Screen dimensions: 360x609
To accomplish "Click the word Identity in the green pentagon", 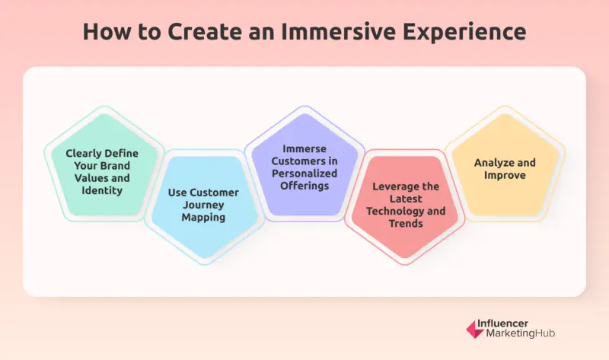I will [103, 190].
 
